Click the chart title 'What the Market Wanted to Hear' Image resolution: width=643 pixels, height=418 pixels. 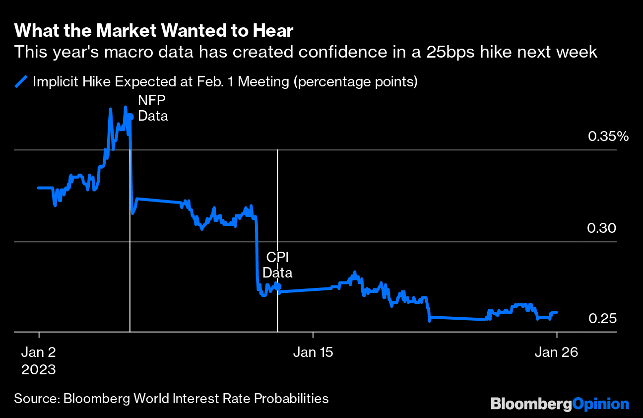(154, 31)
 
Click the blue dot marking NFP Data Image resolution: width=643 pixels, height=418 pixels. (130, 117)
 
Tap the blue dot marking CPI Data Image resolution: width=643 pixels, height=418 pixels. (277, 286)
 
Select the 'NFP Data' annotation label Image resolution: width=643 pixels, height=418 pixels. (153, 108)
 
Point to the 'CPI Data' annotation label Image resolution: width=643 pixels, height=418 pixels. (277, 265)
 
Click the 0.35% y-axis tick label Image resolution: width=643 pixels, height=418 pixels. (608, 136)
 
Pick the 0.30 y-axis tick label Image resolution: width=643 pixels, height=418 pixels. (601, 228)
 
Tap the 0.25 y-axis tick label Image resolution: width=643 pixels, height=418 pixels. (602, 318)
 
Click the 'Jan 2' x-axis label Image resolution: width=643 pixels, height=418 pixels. (39, 352)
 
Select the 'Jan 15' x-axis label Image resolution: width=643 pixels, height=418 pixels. (313, 352)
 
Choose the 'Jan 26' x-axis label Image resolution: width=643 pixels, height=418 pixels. (556, 352)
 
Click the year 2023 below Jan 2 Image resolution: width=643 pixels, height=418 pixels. (39, 370)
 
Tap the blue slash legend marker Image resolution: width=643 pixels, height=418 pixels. (22, 81)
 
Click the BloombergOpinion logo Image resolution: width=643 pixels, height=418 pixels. (560, 404)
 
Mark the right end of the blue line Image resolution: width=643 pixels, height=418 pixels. (557, 312)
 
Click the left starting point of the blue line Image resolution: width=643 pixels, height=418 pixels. (38, 188)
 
